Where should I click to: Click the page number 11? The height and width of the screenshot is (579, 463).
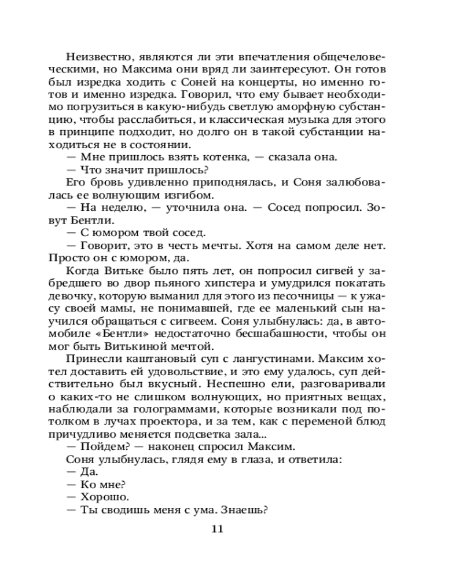coord(217,529)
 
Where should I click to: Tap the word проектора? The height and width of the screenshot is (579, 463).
coord(207,422)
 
